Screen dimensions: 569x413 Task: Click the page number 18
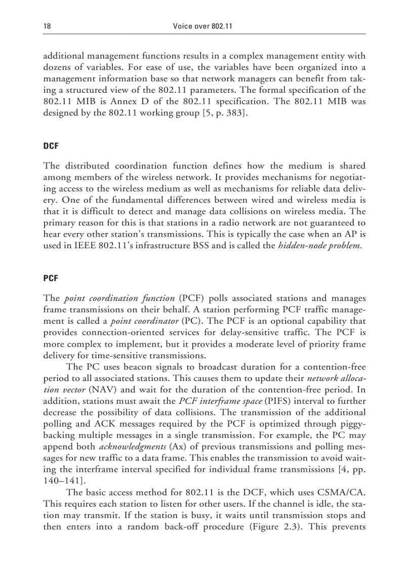point(47,26)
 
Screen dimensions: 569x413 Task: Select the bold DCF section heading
point(51,145)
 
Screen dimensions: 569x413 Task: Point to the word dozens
point(58,66)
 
